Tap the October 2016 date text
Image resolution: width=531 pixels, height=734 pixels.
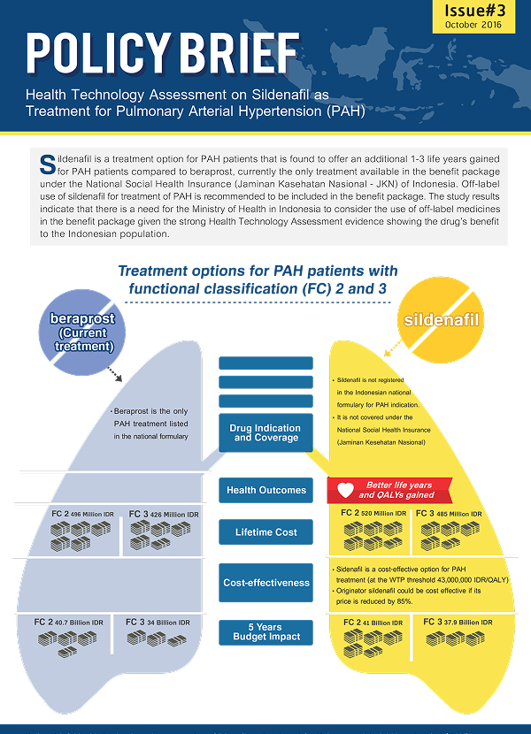point(473,25)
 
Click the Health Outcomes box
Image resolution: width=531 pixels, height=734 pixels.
point(265,490)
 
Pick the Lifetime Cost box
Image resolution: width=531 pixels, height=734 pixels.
point(265,532)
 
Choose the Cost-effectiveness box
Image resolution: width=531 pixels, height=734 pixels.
point(265,583)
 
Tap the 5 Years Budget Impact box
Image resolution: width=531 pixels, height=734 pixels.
point(265,631)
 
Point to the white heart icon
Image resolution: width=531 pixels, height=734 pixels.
point(346,490)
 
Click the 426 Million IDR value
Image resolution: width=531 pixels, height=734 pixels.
point(174,515)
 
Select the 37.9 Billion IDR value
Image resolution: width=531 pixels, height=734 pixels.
point(466,623)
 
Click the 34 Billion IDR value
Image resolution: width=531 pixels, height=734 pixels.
point(168,623)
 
